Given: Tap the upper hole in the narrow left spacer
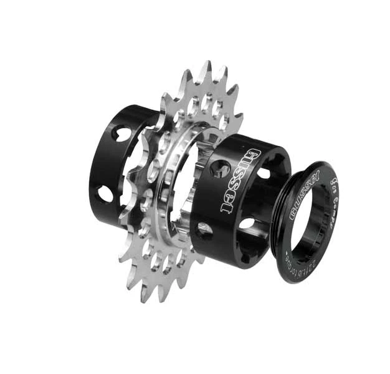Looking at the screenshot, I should [122, 133].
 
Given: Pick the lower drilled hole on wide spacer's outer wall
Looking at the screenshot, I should [205, 229].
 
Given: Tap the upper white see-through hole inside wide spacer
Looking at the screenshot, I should [262, 173].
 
